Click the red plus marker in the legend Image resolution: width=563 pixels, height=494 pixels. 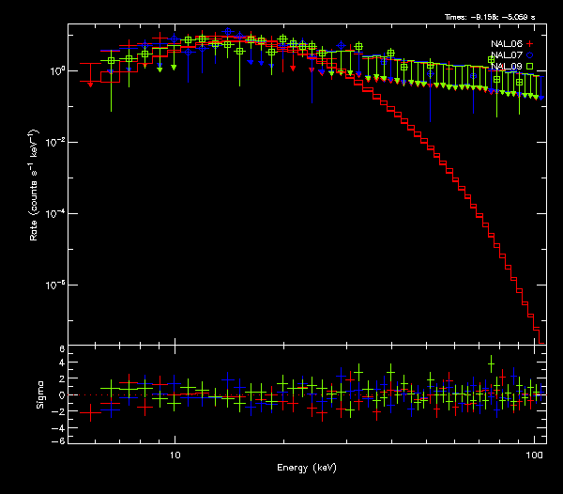[530, 44]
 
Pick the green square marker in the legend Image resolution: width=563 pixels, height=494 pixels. [530, 67]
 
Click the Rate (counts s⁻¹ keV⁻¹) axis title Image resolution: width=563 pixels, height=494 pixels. [35, 184]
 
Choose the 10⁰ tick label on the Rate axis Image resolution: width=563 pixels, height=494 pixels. [56, 70]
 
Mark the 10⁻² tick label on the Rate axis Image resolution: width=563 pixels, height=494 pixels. [56, 142]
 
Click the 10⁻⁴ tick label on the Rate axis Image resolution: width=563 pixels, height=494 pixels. [56, 213]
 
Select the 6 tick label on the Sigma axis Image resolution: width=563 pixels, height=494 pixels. [61, 349]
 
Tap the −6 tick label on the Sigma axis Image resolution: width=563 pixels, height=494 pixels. [59, 440]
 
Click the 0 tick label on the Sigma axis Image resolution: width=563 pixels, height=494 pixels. [61, 395]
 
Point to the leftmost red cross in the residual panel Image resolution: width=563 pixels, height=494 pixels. [91, 410]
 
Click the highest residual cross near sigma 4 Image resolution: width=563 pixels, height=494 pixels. [491, 363]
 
